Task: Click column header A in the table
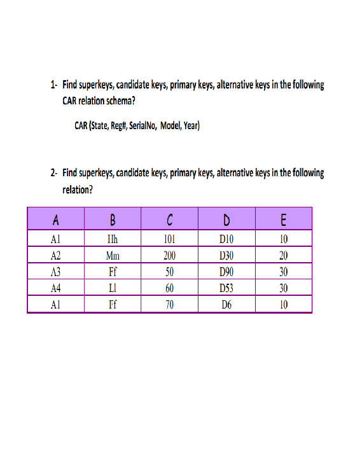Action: coord(56,220)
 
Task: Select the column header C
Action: coord(169,220)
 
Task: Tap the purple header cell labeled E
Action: coord(284,220)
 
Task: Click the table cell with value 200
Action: coord(169,256)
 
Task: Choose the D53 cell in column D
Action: coord(226,288)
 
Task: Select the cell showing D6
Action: coord(226,304)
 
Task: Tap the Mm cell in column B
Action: coord(113,256)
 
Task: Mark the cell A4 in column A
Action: coord(56,288)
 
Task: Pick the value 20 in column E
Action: coord(284,256)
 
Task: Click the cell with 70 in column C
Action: coord(169,304)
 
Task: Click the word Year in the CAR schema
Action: coord(191,125)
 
